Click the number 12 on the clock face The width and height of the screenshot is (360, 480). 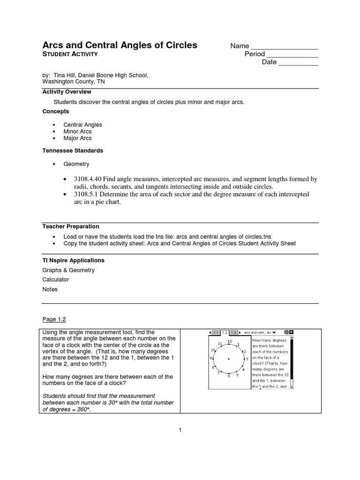pyautogui.click(x=229, y=341)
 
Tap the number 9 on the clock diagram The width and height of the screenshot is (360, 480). pyautogui.click(x=211, y=359)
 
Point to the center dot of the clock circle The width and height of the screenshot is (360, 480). pyautogui.click(x=229, y=359)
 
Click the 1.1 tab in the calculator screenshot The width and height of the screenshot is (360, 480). pyautogui.click(x=216, y=332)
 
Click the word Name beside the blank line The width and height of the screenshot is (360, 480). pyautogui.click(x=239, y=46)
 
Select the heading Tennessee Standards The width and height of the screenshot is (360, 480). pyautogui.click(x=73, y=151)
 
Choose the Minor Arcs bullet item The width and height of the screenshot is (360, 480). pyautogui.click(x=77, y=132)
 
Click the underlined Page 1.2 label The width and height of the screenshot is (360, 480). pyautogui.click(x=54, y=319)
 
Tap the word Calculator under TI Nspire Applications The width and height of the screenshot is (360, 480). pyautogui.click(x=56, y=279)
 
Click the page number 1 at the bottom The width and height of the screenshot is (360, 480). pyautogui.click(x=180, y=429)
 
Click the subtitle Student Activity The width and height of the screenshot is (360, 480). pyautogui.click(x=70, y=54)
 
